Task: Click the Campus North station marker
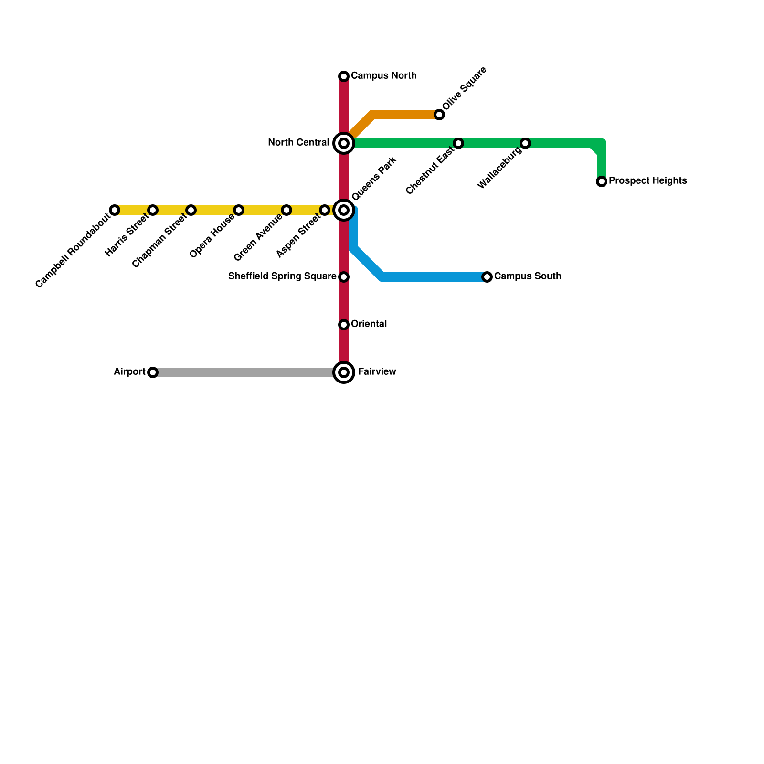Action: click(x=344, y=76)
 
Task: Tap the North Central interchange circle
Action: click(x=344, y=143)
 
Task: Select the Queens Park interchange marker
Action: click(x=344, y=210)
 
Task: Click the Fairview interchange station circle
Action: click(x=344, y=372)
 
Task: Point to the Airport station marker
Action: click(x=153, y=372)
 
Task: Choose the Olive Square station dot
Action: click(x=439, y=115)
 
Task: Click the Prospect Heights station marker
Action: click(x=602, y=181)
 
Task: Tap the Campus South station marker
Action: click(x=487, y=277)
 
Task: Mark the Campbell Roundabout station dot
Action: click(x=115, y=210)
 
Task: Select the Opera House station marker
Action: click(x=239, y=210)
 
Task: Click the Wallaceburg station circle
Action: click(x=525, y=143)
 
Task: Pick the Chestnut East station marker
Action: click(x=458, y=143)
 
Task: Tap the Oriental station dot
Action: click(x=344, y=325)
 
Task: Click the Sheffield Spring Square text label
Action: click(x=282, y=276)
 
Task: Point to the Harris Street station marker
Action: click(x=153, y=210)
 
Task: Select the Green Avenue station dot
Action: click(x=286, y=210)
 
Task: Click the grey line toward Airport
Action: click(x=244, y=372)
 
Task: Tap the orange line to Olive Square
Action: click(x=406, y=115)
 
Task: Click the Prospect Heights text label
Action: click(x=647, y=181)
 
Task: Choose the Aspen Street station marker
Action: click(x=325, y=210)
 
